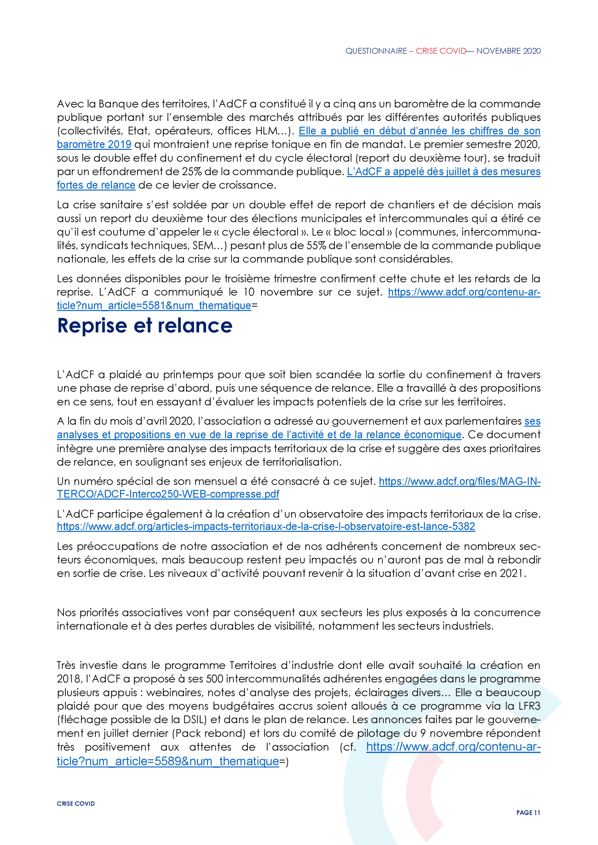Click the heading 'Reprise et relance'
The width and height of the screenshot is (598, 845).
144,325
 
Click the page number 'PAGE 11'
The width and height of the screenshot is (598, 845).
528,812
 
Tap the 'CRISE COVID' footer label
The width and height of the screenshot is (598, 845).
76,804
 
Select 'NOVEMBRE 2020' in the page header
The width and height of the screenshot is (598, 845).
508,51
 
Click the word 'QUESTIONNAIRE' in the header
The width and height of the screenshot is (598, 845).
376,51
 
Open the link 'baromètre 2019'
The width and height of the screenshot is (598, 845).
94,144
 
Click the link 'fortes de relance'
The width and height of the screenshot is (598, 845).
96,185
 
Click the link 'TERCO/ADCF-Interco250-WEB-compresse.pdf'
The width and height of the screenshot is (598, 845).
168,494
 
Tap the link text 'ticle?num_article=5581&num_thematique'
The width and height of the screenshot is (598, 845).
154,305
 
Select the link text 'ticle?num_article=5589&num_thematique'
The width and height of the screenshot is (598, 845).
168,761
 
